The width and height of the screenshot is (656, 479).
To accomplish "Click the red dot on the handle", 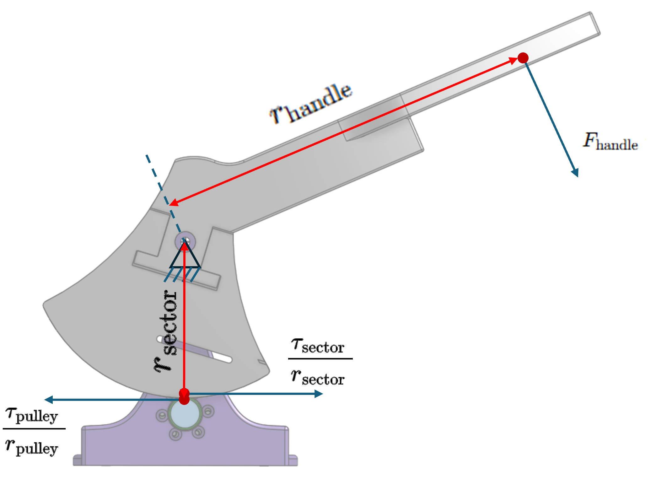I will (x=523, y=58).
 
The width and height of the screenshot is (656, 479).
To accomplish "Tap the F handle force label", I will (x=610, y=141).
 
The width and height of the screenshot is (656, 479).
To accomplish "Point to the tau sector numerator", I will (x=318, y=346).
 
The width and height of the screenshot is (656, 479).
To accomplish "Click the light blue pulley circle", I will (x=185, y=414).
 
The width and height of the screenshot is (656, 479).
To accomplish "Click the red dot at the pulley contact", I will (x=184, y=399).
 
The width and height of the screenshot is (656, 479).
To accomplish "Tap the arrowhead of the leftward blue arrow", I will (x=48, y=400).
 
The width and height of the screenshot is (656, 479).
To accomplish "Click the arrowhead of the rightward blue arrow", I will (x=319, y=394).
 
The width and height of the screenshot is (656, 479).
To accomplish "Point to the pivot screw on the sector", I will (x=185, y=242).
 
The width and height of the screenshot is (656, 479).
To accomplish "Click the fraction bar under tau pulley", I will (x=34, y=428).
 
